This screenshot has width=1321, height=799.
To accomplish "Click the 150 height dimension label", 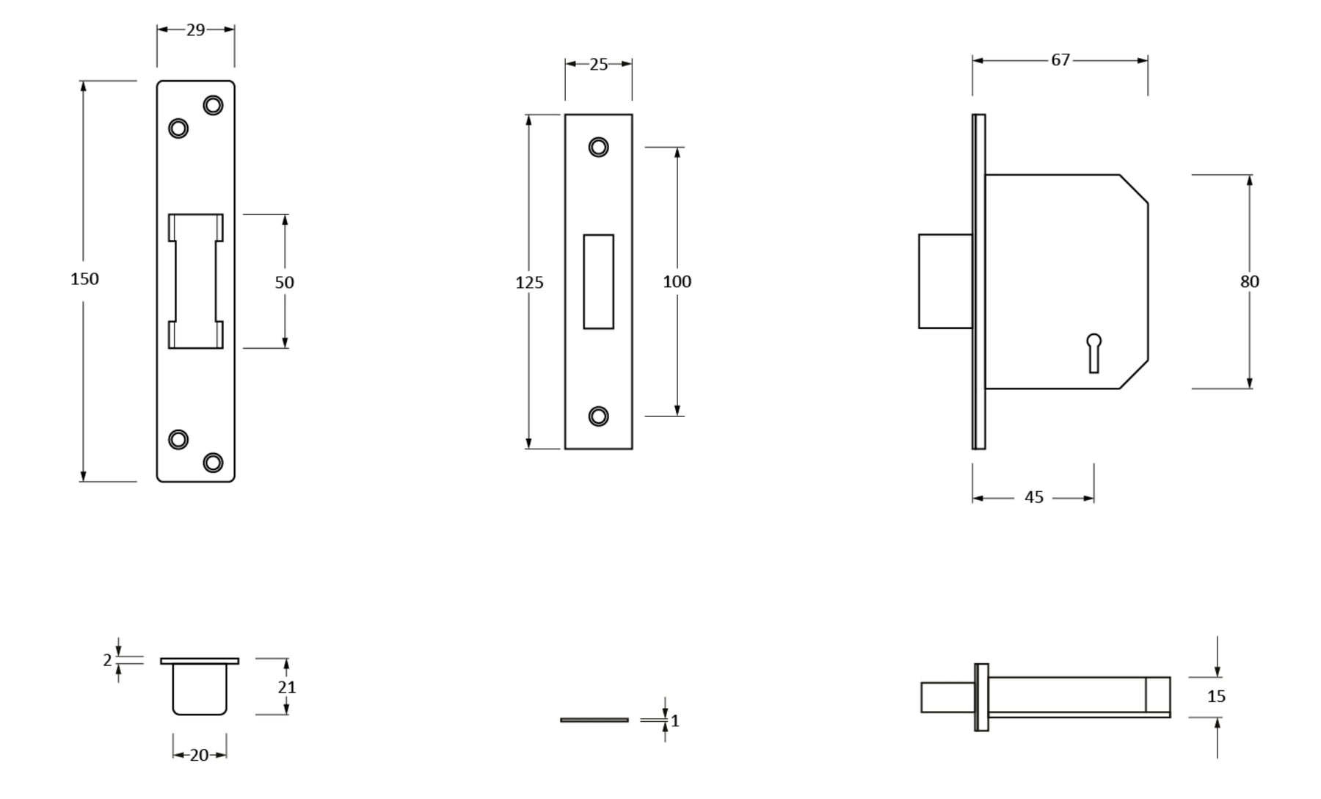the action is (84, 279).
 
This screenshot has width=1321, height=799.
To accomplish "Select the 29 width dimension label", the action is (195, 30).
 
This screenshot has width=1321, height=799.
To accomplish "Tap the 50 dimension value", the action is (284, 283).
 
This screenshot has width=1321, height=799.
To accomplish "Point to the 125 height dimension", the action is (529, 283).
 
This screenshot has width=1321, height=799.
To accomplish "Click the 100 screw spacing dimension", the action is (677, 282).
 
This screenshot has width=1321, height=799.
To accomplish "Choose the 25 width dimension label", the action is (599, 65).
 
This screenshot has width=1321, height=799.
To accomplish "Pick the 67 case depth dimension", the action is (1060, 60).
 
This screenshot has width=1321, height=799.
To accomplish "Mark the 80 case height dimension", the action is (1249, 282).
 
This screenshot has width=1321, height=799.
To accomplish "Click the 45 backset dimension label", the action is (1033, 498).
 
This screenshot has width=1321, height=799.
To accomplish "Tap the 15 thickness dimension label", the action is (1216, 696).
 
